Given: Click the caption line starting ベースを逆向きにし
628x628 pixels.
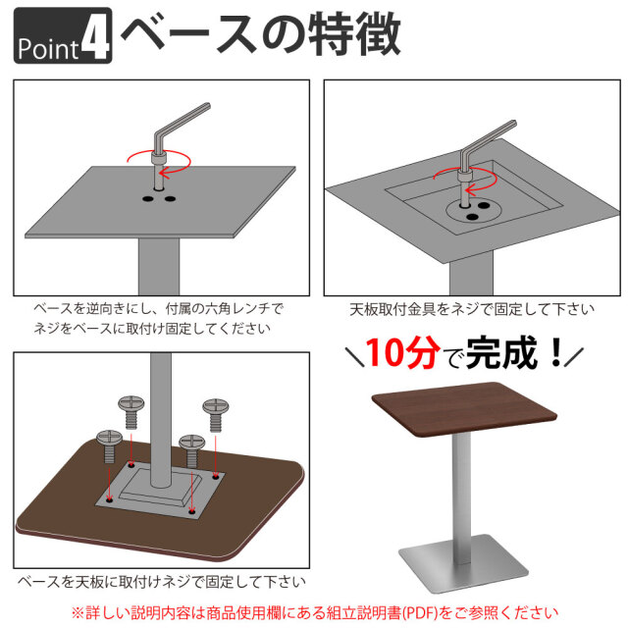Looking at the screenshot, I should tap(157, 308).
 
